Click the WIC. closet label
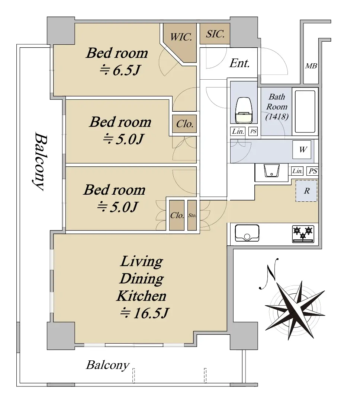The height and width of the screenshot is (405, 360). point(181,37)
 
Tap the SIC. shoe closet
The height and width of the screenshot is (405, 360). point(215,34)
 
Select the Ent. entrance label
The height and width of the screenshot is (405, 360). point(240,63)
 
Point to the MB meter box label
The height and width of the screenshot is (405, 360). point(311,66)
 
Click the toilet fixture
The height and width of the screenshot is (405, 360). point(244,110)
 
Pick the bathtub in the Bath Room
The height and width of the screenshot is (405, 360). point(305,111)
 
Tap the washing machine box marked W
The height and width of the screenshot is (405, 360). point(302,150)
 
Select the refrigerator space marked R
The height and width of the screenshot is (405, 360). point(306,191)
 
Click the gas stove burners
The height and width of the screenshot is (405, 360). point(303,234)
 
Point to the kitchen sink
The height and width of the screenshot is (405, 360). point(247,233)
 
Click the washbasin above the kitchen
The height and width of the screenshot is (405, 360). point(272,171)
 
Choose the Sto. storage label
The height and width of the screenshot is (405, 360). point(192,215)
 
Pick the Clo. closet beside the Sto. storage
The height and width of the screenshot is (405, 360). point(177,215)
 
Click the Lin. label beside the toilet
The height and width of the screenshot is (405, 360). point(238,131)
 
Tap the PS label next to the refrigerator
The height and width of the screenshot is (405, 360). point(313,171)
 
